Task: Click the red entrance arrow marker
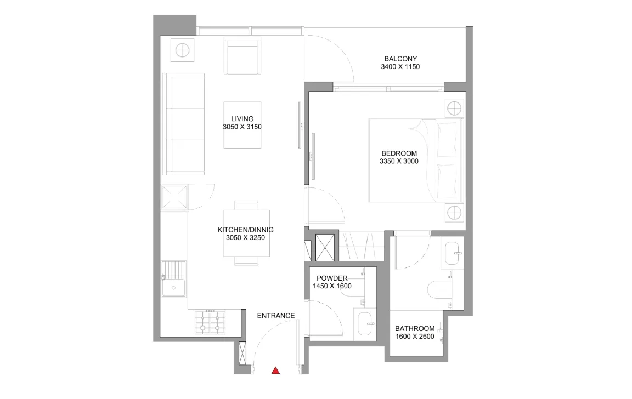pos(275,371)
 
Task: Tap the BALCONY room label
pos(400,59)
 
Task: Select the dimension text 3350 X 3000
pos(399,161)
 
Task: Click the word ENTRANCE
pos(276,316)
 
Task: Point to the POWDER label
pos(332,278)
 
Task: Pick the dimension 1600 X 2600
pos(415,337)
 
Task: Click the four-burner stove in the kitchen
pos(210,322)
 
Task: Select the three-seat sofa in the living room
pos(184,124)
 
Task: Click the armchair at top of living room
pos(242,55)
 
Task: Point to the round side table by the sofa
pos(182,50)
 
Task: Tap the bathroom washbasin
pos(453,253)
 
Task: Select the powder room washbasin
pos(365,324)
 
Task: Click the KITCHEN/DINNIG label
pos(245,230)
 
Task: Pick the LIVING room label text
pos(242,119)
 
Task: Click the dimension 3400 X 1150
pos(400,67)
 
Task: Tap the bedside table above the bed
pos(454,109)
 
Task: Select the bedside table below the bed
pos(454,213)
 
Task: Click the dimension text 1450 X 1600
pos(332,286)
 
